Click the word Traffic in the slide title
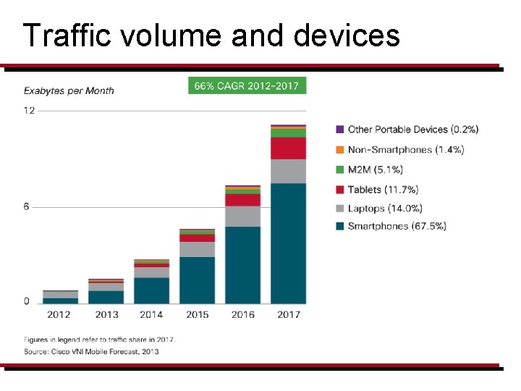tap(62, 34)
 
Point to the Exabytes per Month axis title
tap(69, 91)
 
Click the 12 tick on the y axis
tap(29, 111)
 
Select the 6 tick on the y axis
tap(26, 206)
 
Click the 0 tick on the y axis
tap(27, 301)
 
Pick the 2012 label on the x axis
tap(59, 314)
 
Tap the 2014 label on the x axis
tap(151, 314)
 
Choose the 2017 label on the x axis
tap(288, 314)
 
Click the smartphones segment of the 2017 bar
tap(288, 243)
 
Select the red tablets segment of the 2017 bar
tap(288, 148)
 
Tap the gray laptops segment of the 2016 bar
tap(242, 216)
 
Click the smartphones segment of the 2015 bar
tap(197, 279)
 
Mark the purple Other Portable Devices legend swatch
tap(339, 130)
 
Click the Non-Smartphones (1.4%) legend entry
tap(405, 149)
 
